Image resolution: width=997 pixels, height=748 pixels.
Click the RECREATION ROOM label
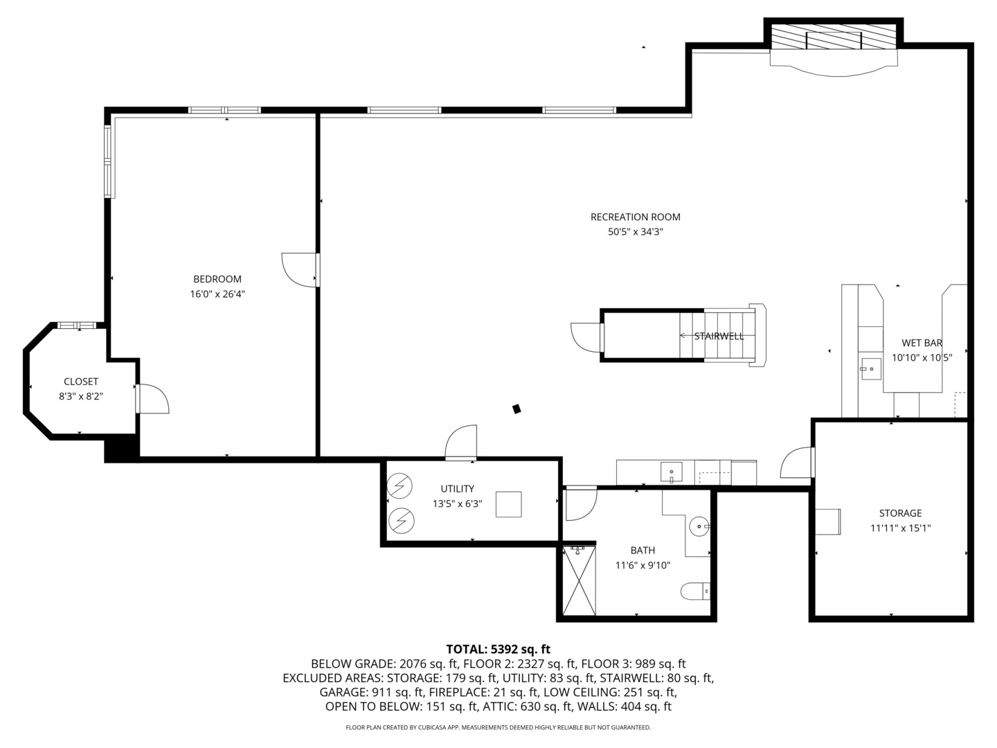tap(635, 217)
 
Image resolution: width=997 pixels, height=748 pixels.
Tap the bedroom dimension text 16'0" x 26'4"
tap(217, 294)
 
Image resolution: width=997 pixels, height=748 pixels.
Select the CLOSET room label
tap(81, 382)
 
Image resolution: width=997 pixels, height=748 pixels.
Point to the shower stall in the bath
tap(579, 580)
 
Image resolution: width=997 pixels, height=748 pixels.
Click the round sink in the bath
tap(700, 526)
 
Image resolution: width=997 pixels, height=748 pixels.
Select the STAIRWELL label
tap(719, 336)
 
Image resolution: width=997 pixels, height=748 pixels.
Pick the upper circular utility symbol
tap(399, 486)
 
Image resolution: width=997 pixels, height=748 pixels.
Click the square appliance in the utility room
tap(509, 504)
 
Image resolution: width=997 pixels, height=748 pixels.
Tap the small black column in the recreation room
tap(517, 409)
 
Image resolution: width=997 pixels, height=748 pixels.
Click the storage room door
tap(797, 463)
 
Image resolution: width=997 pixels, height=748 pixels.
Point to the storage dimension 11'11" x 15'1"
tap(900, 528)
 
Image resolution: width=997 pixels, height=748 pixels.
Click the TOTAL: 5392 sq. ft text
tap(498, 649)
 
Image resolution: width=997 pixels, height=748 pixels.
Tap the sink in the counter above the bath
tap(671, 473)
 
